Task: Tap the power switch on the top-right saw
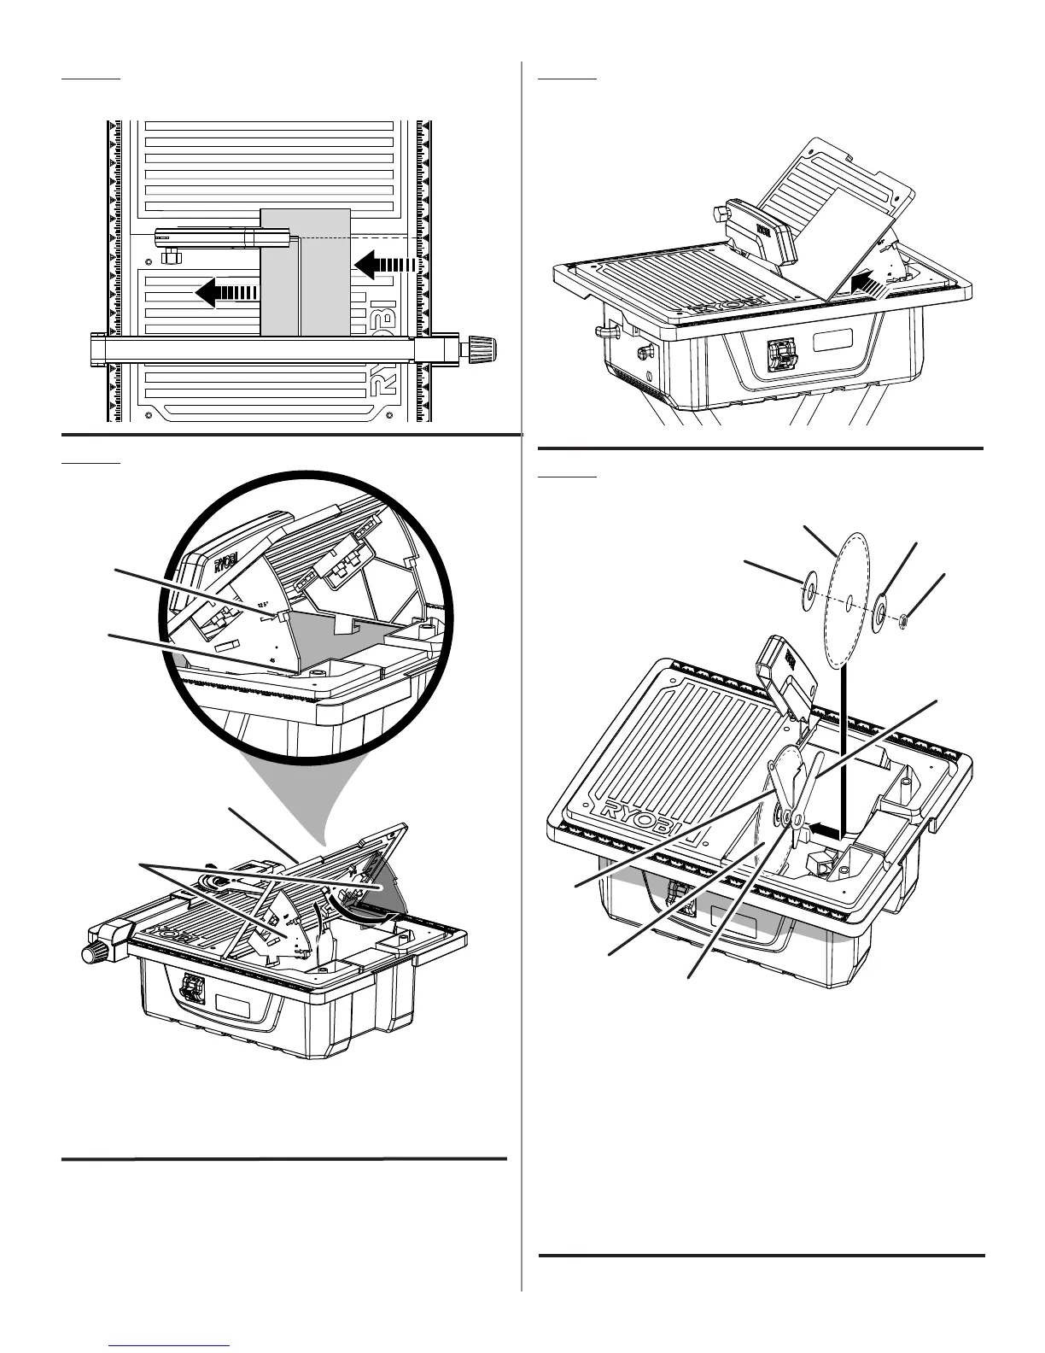[x=779, y=353]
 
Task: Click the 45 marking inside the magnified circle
[x=271, y=659]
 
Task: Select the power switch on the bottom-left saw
[x=194, y=991]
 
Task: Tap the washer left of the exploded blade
[x=803, y=592]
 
